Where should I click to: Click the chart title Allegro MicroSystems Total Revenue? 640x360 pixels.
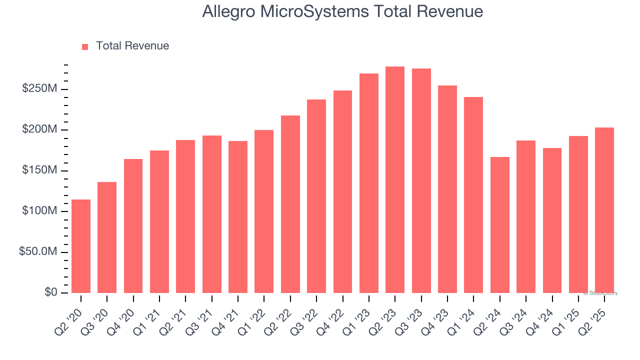point(342,11)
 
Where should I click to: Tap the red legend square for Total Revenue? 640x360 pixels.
point(85,46)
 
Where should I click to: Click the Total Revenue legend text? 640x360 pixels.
point(132,46)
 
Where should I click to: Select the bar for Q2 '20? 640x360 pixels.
point(81,246)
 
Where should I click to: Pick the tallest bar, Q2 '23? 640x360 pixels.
point(395,180)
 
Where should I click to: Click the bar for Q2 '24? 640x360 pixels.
point(499,225)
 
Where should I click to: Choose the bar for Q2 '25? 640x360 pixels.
point(604,210)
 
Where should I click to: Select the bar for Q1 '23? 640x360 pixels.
point(369,183)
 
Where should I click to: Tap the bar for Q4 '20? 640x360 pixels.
point(133,226)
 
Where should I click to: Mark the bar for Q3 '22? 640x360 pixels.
point(316,196)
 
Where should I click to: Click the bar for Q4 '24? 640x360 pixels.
point(552,220)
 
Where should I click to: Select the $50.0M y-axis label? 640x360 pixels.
point(37,252)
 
